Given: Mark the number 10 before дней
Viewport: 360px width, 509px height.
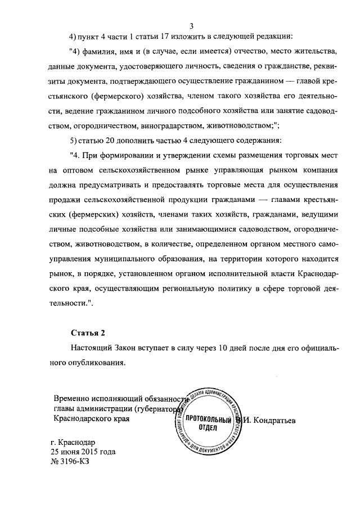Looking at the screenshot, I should click(224, 348).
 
